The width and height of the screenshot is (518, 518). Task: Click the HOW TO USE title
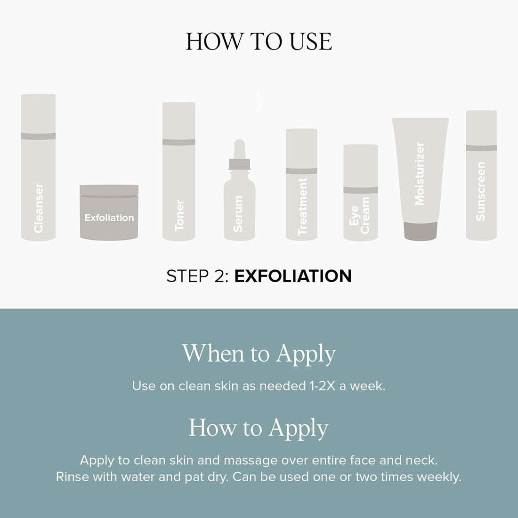[259, 41]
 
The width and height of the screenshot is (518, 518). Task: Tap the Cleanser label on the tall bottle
[38, 208]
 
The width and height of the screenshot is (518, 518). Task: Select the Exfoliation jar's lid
[109, 191]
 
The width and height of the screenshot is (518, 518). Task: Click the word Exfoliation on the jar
[109, 218]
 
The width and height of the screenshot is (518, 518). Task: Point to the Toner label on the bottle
[179, 215]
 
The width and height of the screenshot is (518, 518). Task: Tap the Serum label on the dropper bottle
[238, 214]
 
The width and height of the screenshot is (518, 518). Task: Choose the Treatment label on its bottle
[302, 206]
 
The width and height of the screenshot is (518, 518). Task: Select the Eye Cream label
[359, 215]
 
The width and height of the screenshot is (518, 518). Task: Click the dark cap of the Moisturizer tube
[421, 231]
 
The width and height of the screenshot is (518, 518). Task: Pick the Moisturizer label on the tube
[419, 174]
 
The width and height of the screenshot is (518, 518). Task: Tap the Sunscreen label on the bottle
[480, 191]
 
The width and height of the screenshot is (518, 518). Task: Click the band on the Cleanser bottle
[38, 136]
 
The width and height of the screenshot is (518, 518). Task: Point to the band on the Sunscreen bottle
[481, 148]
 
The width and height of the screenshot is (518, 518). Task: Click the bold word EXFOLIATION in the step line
[293, 276]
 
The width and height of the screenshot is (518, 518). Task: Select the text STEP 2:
[197, 276]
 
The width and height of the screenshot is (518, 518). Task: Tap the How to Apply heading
[259, 429]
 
